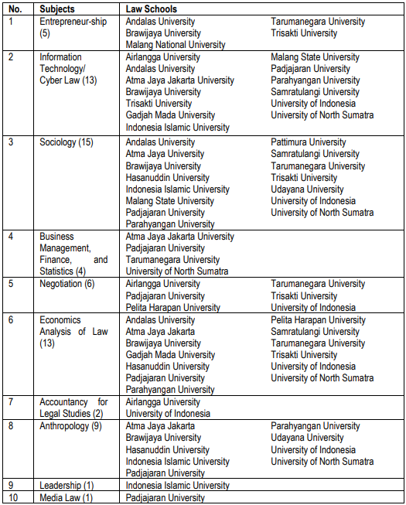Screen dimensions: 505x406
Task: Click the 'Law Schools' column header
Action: [x=151, y=9]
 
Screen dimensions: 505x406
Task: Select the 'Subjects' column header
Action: [x=58, y=9]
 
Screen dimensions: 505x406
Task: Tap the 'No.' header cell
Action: [x=16, y=9]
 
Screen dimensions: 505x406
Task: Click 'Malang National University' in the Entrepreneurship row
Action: [x=176, y=45]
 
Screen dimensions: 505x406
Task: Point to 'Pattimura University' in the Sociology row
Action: [x=308, y=142]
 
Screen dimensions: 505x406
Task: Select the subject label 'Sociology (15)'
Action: [x=67, y=142]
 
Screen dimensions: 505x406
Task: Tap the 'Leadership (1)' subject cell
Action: [x=67, y=486]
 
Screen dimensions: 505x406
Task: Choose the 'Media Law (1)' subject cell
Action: [x=66, y=497]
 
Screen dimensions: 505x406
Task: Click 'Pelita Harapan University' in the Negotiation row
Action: [x=172, y=307]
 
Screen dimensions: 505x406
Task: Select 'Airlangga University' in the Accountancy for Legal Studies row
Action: [x=162, y=402]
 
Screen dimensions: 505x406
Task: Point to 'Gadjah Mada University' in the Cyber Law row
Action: [x=170, y=115]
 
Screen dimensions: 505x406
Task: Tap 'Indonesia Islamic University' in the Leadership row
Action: [x=177, y=486]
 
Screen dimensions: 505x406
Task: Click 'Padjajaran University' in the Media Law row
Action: [x=165, y=497]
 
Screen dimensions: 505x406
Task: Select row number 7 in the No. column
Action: [x=12, y=402]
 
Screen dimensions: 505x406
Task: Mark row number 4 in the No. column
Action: [x=12, y=237]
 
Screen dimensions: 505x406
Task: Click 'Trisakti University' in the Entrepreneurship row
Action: [x=304, y=33]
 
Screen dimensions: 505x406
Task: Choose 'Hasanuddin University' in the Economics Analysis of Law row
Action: [x=167, y=367]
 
